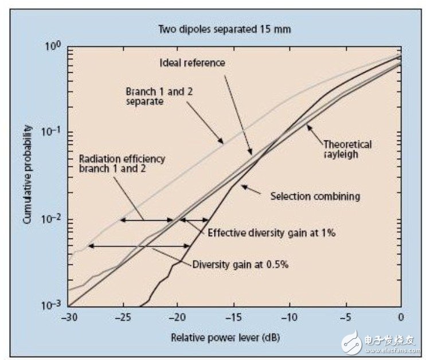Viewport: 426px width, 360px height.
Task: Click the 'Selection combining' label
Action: [315, 196]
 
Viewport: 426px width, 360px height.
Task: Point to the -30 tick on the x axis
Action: [68, 317]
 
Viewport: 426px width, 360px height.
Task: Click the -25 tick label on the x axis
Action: [123, 317]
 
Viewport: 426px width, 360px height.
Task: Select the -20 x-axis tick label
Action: [178, 317]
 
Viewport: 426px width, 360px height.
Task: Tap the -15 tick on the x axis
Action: [234, 317]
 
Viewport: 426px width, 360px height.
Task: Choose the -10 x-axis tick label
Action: [290, 317]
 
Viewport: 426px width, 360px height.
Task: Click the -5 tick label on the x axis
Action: [346, 317]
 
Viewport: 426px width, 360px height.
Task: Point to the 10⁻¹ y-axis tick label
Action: [53, 132]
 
